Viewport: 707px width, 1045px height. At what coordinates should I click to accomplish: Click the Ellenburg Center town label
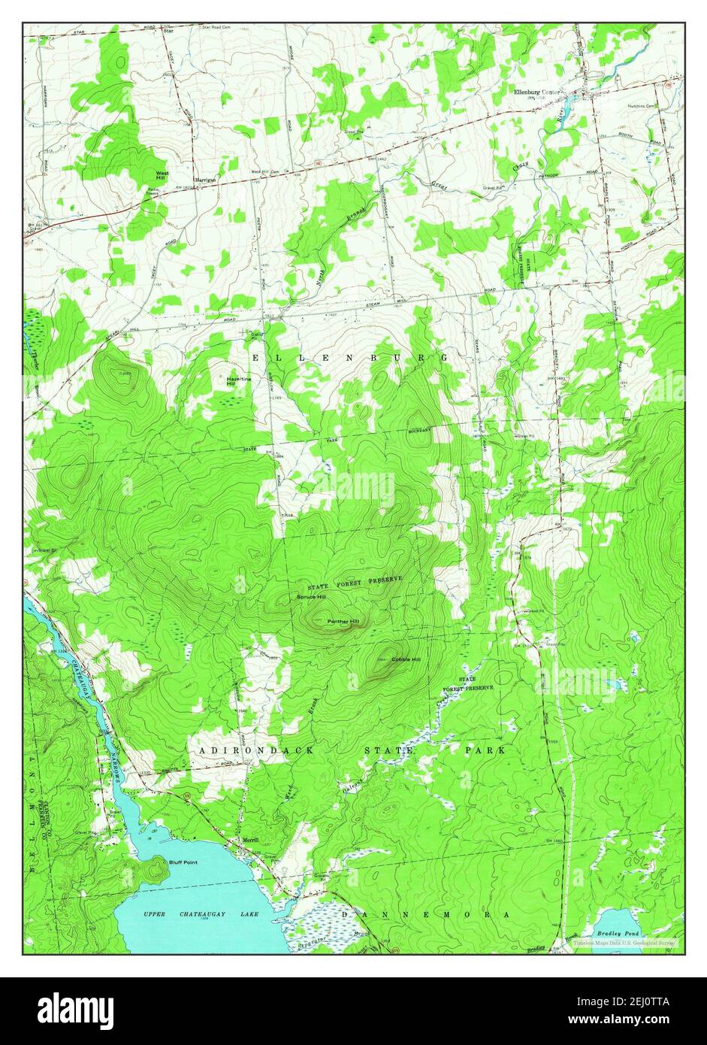[x=537, y=92]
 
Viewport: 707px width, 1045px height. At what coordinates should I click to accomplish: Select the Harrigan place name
[x=205, y=181]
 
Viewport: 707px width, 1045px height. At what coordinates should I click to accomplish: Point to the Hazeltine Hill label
[x=239, y=382]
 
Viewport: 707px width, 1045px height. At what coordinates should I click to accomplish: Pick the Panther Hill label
[x=343, y=622]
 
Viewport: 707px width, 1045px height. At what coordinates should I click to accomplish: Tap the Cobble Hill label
[x=406, y=659]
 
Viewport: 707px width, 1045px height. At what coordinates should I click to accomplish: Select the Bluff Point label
[x=183, y=862]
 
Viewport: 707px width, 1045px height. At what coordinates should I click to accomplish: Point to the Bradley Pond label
[x=618, y=933]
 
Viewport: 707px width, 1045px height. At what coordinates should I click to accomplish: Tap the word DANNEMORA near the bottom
[x=425, y=914]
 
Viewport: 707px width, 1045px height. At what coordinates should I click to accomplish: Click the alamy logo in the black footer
[x=75, y=1011]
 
